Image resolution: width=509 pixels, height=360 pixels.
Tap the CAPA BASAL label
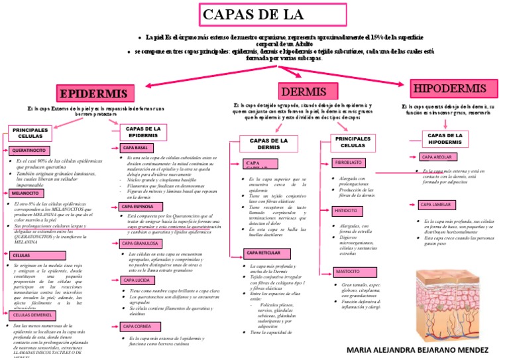tap(136, 147)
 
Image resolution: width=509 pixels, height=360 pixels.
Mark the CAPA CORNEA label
tap(138, 326)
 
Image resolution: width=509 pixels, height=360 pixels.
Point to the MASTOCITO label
tap(348, 272)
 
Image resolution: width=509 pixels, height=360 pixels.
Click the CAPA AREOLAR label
tap(436, 157)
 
